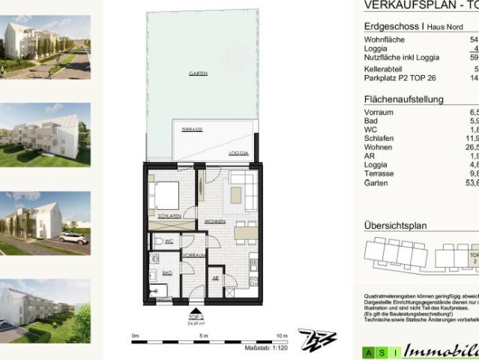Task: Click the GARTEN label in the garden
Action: click(198, 73)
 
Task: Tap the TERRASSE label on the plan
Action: click(192, 129)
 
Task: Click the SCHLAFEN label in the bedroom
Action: click(169, 216)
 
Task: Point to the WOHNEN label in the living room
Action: click(216, 223)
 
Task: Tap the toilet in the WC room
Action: click(157, 241)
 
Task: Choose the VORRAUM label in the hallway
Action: click(193, 256)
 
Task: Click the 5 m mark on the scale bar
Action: click(204, 334)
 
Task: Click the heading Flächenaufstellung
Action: click(403, 99)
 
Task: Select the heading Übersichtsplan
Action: click(395, 225)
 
